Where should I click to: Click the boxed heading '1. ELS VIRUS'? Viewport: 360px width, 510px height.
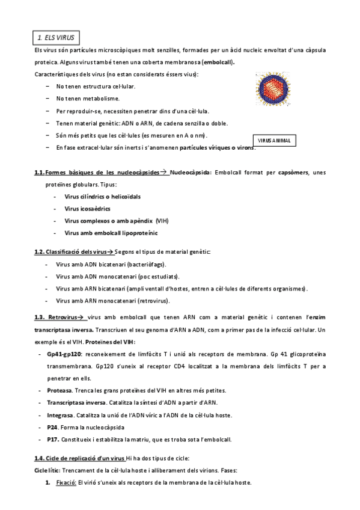click(56, 37)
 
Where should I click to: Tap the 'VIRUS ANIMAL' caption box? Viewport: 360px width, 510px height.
click(274, 140)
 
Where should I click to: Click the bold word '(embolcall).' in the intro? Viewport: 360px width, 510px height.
click(219, 62)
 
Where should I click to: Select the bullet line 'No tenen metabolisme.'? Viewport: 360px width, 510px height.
click(88, 99)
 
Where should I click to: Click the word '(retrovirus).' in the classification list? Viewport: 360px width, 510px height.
click(153, 300)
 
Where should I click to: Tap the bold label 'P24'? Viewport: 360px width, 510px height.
click(52, 428)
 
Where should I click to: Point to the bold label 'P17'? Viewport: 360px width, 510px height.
click(52, 440)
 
